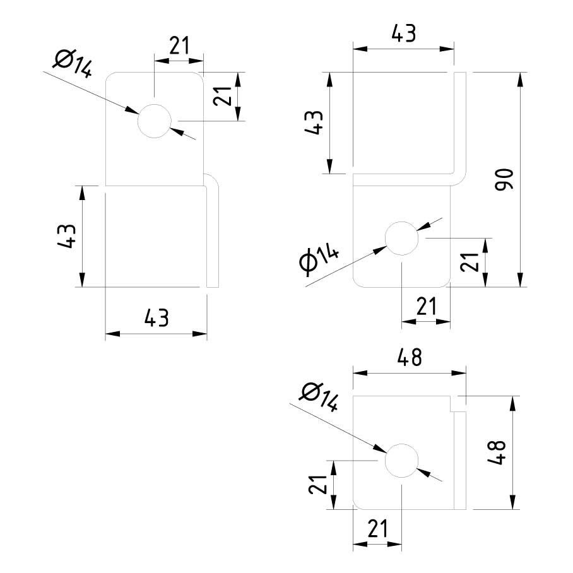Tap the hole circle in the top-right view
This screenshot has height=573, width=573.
tap(402, 239)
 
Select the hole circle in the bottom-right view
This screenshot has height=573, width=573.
tap(402, 460)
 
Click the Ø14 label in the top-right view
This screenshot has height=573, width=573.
tap(319, 259)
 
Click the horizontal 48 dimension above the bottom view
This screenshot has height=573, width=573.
tap(408, 358)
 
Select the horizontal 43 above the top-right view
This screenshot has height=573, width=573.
tap(403, 33)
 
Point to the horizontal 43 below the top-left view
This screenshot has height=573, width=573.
tap(156, 318)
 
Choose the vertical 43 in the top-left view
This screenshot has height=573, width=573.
tap(68, 236)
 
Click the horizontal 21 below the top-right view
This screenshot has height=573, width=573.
tap(427, 307)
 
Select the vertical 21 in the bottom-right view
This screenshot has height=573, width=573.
tap(320, 484)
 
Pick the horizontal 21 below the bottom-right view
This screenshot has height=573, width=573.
tap(377, 529)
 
